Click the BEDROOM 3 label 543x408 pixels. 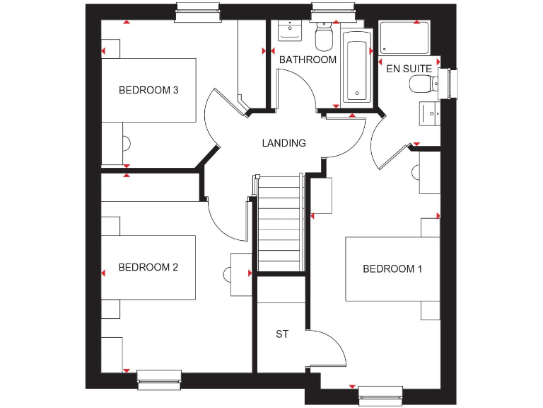point(148,90)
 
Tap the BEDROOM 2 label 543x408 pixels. point(148,267)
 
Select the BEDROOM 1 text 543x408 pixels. point(392,268)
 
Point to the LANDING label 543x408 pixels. point(284,143)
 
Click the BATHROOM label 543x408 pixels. point(308,59)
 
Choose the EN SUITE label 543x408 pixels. point(409,69)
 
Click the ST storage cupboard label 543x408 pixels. point(282,334)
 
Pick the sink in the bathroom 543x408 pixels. point(288,31)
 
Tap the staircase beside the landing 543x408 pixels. point(281,223)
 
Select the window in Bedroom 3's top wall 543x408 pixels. point(196,12)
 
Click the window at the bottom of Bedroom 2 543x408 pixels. point(159,380)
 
